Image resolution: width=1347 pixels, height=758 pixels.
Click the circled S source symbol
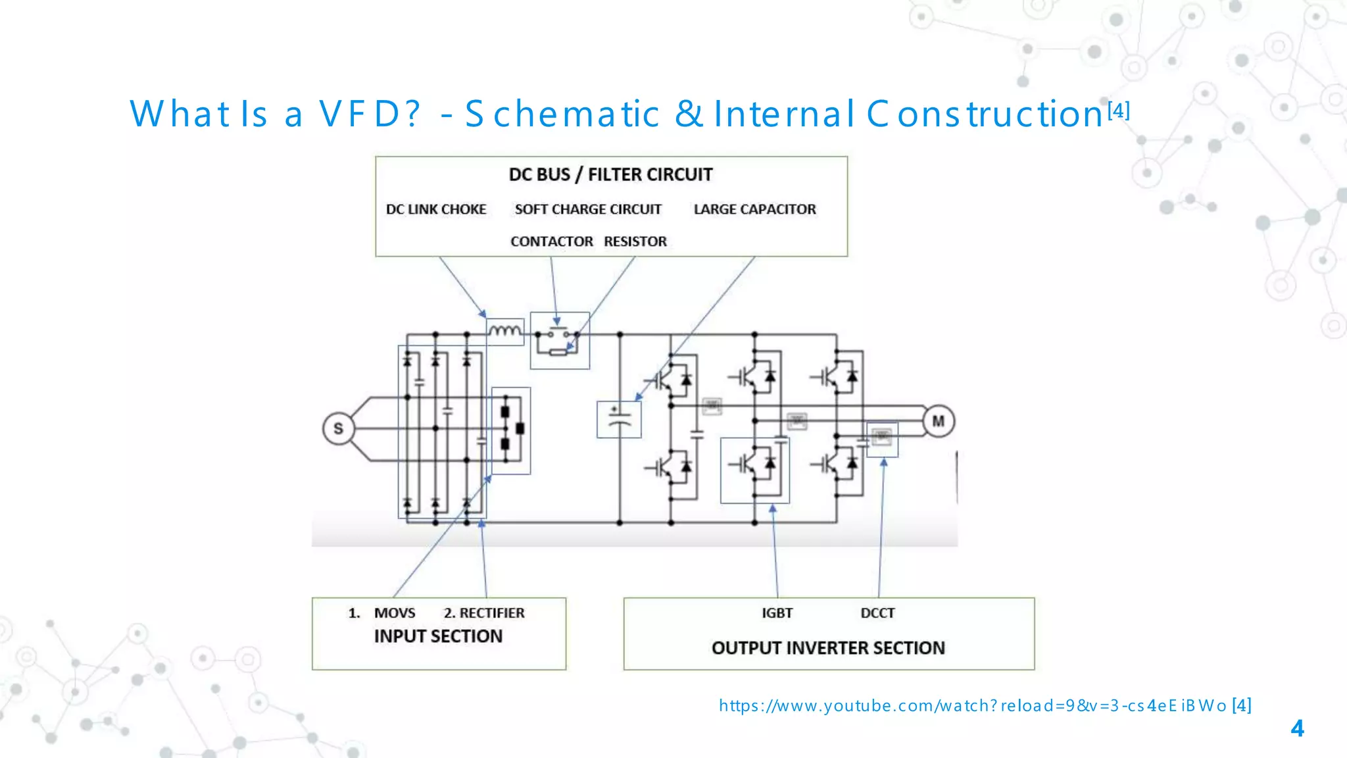(x=338, y=428)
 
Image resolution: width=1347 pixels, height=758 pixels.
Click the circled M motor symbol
(x=938, y=421)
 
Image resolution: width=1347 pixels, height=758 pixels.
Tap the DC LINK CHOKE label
(x=436, y=209)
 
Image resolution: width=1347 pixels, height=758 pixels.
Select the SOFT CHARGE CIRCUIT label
(x=588, y=209)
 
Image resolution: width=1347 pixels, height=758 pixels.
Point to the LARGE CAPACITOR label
(x=754, y=209)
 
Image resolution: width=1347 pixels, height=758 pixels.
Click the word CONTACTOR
(x=552, y=241)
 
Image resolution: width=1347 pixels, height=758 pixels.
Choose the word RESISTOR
(x=635, y=241)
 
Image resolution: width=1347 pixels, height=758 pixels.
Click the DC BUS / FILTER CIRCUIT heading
(x=610, y=174)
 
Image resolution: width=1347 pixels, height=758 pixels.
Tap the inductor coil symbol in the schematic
(x=505, y=331)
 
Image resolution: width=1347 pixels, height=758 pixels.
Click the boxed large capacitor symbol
(x=619, y=419)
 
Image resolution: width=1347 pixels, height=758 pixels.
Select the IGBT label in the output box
(x=777, y=613)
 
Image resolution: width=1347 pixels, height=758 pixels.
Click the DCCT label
(x=877, y=613)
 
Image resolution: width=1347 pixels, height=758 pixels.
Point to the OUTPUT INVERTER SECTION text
(x=828, y=648)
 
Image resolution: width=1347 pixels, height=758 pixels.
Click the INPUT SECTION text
(x=438, y=636)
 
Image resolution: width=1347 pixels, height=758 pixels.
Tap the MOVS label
(x=395, y=613)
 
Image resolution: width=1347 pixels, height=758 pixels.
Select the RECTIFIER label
(x=491, y=613)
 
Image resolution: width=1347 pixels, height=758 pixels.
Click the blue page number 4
(x=1297, y=728)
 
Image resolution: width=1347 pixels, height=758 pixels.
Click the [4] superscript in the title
(x=1119, y=110)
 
